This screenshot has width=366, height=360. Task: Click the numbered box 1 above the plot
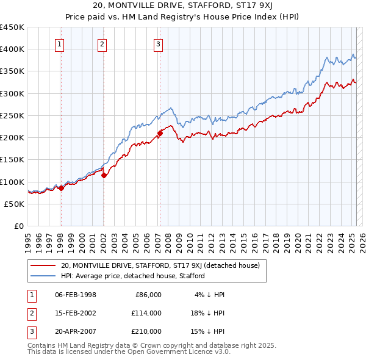click(x=60, y=44)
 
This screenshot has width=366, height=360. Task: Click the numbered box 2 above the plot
click(x=102, y=44)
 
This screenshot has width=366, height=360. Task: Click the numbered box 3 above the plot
click(x=158, y=44)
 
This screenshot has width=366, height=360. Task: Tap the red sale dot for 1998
click(x=61, y=189)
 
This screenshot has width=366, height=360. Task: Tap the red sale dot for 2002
click(x=104, y=176)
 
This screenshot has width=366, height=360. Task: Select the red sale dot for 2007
click(x=160, y=132)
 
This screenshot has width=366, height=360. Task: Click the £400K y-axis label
click(x=12, y=49)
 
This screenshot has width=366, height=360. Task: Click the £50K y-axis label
click(x=15, y=204)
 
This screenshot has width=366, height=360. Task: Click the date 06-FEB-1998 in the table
click(x=76, y=295)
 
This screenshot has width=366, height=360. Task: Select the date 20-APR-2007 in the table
click(x=76, y=331)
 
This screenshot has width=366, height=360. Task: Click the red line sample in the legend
click(x=43, y=265)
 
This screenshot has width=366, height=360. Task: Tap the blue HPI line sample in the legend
click(x=43, y=276)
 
